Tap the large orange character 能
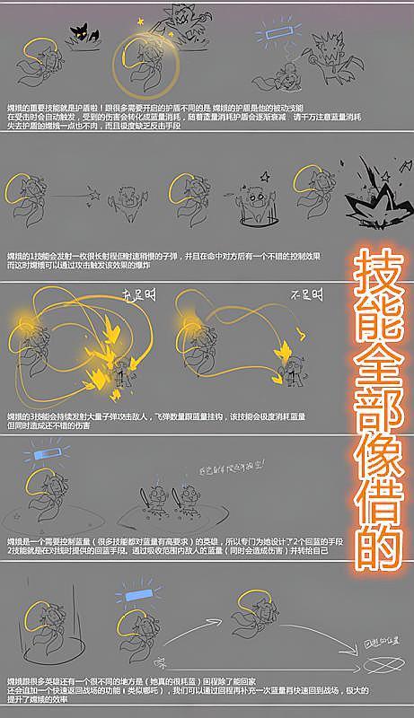coord(377,320)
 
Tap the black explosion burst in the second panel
coord(374,194)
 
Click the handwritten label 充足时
coord(132,295)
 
